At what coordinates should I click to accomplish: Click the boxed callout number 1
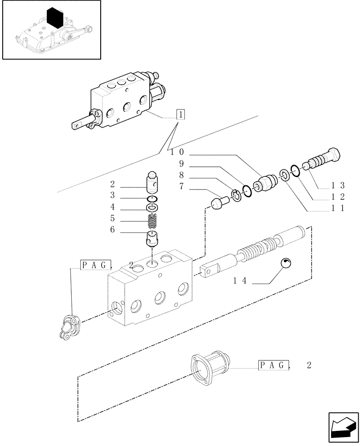(180, 114)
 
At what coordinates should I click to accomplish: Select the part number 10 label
(178, 152)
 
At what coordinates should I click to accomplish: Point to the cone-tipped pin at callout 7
(219, 205)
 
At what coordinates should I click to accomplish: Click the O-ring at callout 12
(295, 169)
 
